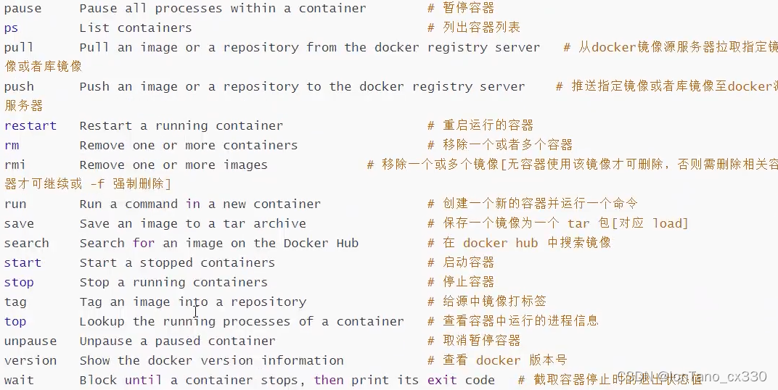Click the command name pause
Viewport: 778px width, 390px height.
coord(22,9)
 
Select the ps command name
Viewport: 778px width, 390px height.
coord(11,28)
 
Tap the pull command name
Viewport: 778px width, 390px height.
coord(19,48)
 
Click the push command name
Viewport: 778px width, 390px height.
coord(19,87)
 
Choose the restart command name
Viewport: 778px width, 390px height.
coord(30,125)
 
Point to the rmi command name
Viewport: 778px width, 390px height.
coord(15,165)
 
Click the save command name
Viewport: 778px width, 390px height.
coord(19,223)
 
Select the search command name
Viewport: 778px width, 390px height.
coord(26,243)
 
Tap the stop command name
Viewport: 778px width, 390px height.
coord(19,282)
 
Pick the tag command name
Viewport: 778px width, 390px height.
coord(15,302)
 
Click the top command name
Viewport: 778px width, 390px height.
coord(15,321)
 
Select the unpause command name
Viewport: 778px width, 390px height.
coord(30,341)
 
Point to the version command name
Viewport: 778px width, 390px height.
coord(30,360)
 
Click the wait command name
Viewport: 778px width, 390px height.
coord(19,380)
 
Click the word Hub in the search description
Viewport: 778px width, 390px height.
coord(347,243)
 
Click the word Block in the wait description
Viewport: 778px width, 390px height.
coord(98,380)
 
